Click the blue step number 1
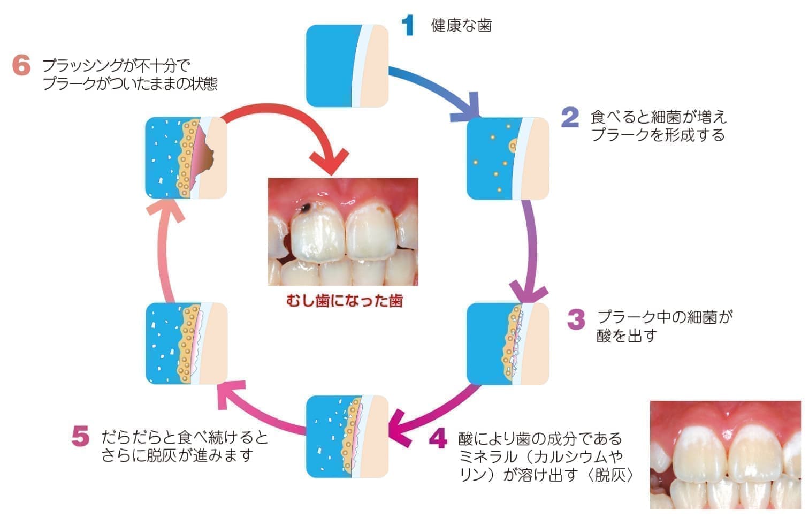(408, 25)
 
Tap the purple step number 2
(570, 117)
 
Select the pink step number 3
(576, 319)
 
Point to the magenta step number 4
(438, 439)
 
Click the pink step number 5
(80, 437)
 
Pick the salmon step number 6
(21, 66)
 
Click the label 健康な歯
(461, 25)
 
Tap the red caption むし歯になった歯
(344, 301)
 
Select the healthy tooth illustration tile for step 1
(347, 65)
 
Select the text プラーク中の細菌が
(664, 317)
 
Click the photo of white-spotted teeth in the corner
(725, 454)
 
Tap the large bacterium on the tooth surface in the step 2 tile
(514, 145)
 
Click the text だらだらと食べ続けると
(185, 437)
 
